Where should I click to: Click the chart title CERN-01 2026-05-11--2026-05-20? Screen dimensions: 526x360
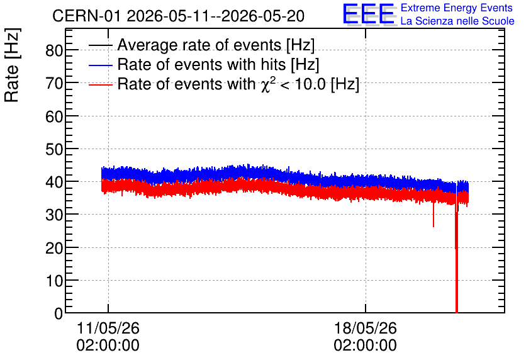pyautogui.click(x=178, y=16)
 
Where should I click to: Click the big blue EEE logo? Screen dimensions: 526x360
pyautogui.click(x=369, y=14)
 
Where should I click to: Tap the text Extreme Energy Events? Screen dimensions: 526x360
pyautogui.click(x=457, y=8)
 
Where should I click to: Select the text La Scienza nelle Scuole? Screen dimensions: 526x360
pyautogui.click(x=457, y=21)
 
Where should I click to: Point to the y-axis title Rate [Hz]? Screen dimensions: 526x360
pyautogui.click(x=12, y=65)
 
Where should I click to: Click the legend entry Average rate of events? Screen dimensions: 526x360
pyautogui.click(x=216, y=45)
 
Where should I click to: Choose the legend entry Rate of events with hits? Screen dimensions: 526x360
pyautogui.click(x=218, y=64)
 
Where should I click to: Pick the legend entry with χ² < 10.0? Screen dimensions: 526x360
pyautogui.click(x=238, y=84)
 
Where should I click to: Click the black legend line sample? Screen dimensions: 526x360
pyautogui.click(x=100, y=45)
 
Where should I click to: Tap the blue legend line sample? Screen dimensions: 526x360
pyautogui.click(x=100, y=65)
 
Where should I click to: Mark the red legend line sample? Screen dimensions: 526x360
pyautogui.click(x=100, y=84)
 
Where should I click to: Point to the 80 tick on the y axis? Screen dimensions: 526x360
pyautogui.click(x=54, y=50)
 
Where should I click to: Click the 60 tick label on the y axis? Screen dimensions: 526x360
pyautogui.click(x=54, y=116)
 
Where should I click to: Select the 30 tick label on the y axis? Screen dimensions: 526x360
pyautogui.click(x=54, y=215)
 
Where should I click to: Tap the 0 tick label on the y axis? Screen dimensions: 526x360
pyautogui.click(x=59, y=313)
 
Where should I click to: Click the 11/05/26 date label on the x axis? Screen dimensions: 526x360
pyautogui.click(x=108, y=328)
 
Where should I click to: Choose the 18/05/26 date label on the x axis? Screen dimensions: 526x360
pyautogui.click(x=366, y=328)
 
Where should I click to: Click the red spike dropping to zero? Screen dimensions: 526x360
pyautogui.click(x=457, y=262)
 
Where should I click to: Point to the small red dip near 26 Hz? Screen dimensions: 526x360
pyautogui.click(x=434, y=215)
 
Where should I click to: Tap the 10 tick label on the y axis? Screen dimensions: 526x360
pyautogui.click(x=54, y=281)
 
